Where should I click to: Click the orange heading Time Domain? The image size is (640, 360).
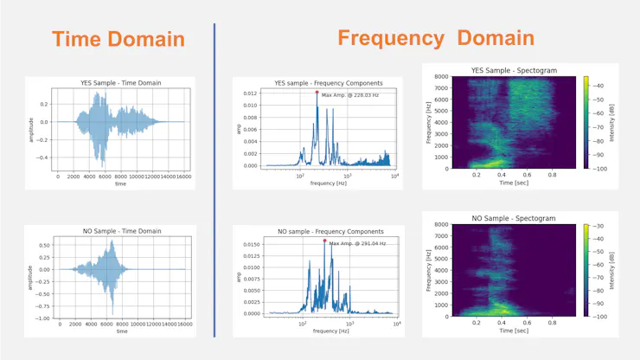click(x=118, y=39)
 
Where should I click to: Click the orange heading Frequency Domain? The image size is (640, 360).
click(x=435, y=37)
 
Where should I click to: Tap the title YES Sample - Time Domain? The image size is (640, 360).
click(x=120, y=83)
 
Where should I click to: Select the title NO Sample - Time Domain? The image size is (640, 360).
click(x=120, y=231)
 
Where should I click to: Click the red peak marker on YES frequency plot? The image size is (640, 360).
click(x=317, y=93)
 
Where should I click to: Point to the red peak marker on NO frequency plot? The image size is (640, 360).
click(x=324, y=241)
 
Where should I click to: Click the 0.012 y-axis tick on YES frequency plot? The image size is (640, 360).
click(x=248, y=93)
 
